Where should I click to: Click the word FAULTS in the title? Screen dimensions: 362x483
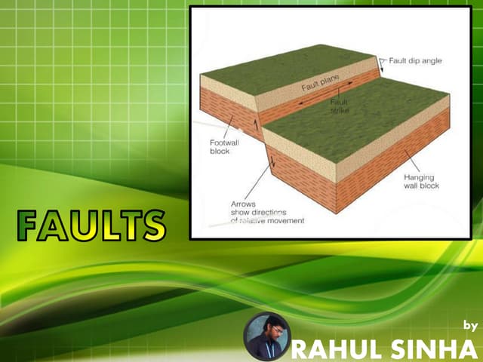(91, 224)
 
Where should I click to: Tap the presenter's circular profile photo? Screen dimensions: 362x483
(267, 336)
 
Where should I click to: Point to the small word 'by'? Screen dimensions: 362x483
(470, 326)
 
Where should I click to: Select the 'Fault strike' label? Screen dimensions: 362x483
(340, 106)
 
